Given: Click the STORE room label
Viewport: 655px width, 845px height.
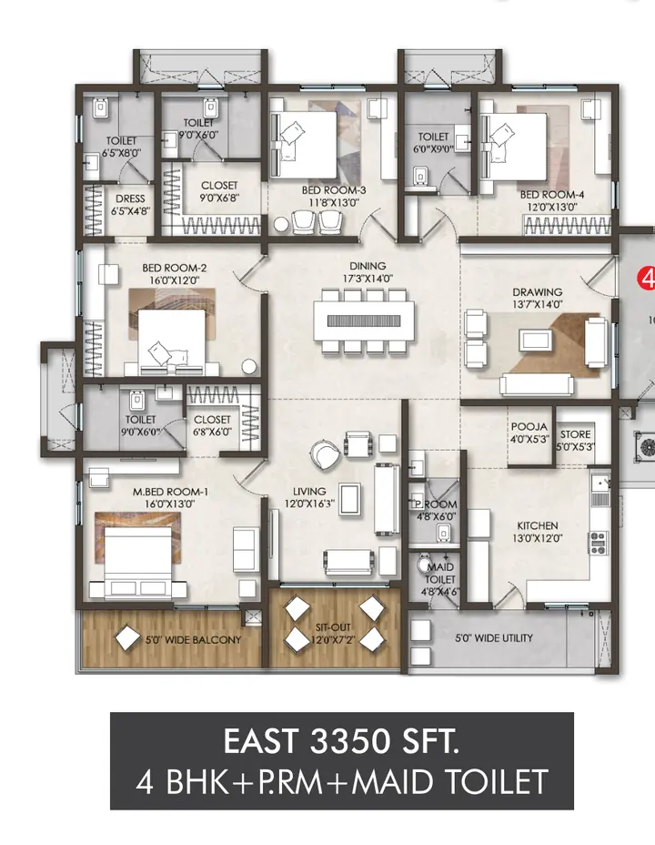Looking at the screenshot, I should click(x=576, y=435).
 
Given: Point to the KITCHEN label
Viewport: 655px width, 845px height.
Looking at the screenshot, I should click(x=538, y=525).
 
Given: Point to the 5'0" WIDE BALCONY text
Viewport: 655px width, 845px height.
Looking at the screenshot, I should click(x=193, y=640).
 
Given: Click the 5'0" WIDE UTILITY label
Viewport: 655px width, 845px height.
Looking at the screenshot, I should click(x=494, y=638).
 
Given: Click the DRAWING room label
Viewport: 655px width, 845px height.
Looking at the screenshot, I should click(x=537, y=292).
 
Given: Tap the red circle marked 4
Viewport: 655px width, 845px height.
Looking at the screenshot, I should click(x=646, y=277).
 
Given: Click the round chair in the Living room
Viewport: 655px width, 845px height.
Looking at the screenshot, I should click(x=322, y=453).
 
